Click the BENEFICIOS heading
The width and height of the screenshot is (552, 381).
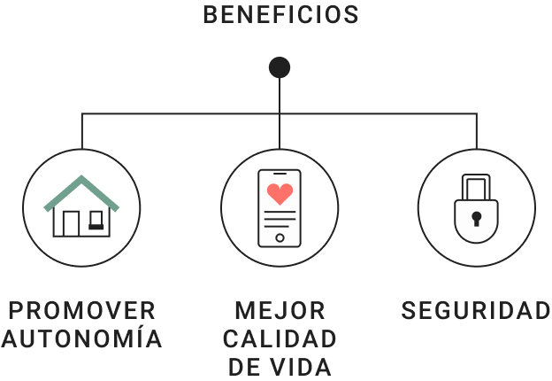[x=280, y=15]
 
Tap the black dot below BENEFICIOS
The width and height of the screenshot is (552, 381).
[x=280, y=67]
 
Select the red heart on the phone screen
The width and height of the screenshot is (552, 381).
[x=280, y=194]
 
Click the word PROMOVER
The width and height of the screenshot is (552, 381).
[x=81, y=311]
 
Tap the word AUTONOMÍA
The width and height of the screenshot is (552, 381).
[x=81, y=338]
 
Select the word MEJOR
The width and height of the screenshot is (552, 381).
[x=280, y=311]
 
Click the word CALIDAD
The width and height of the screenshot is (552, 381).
[x=280, y=338]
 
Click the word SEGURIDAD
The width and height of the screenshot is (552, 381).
[x=476, y=311]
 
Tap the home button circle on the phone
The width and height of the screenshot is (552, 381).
[x=280, y=237]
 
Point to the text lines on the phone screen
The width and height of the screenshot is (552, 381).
[x=280, y=218]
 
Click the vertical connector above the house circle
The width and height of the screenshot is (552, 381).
[x=81, y=131]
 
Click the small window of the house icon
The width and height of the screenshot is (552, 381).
[x=96, y=218]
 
